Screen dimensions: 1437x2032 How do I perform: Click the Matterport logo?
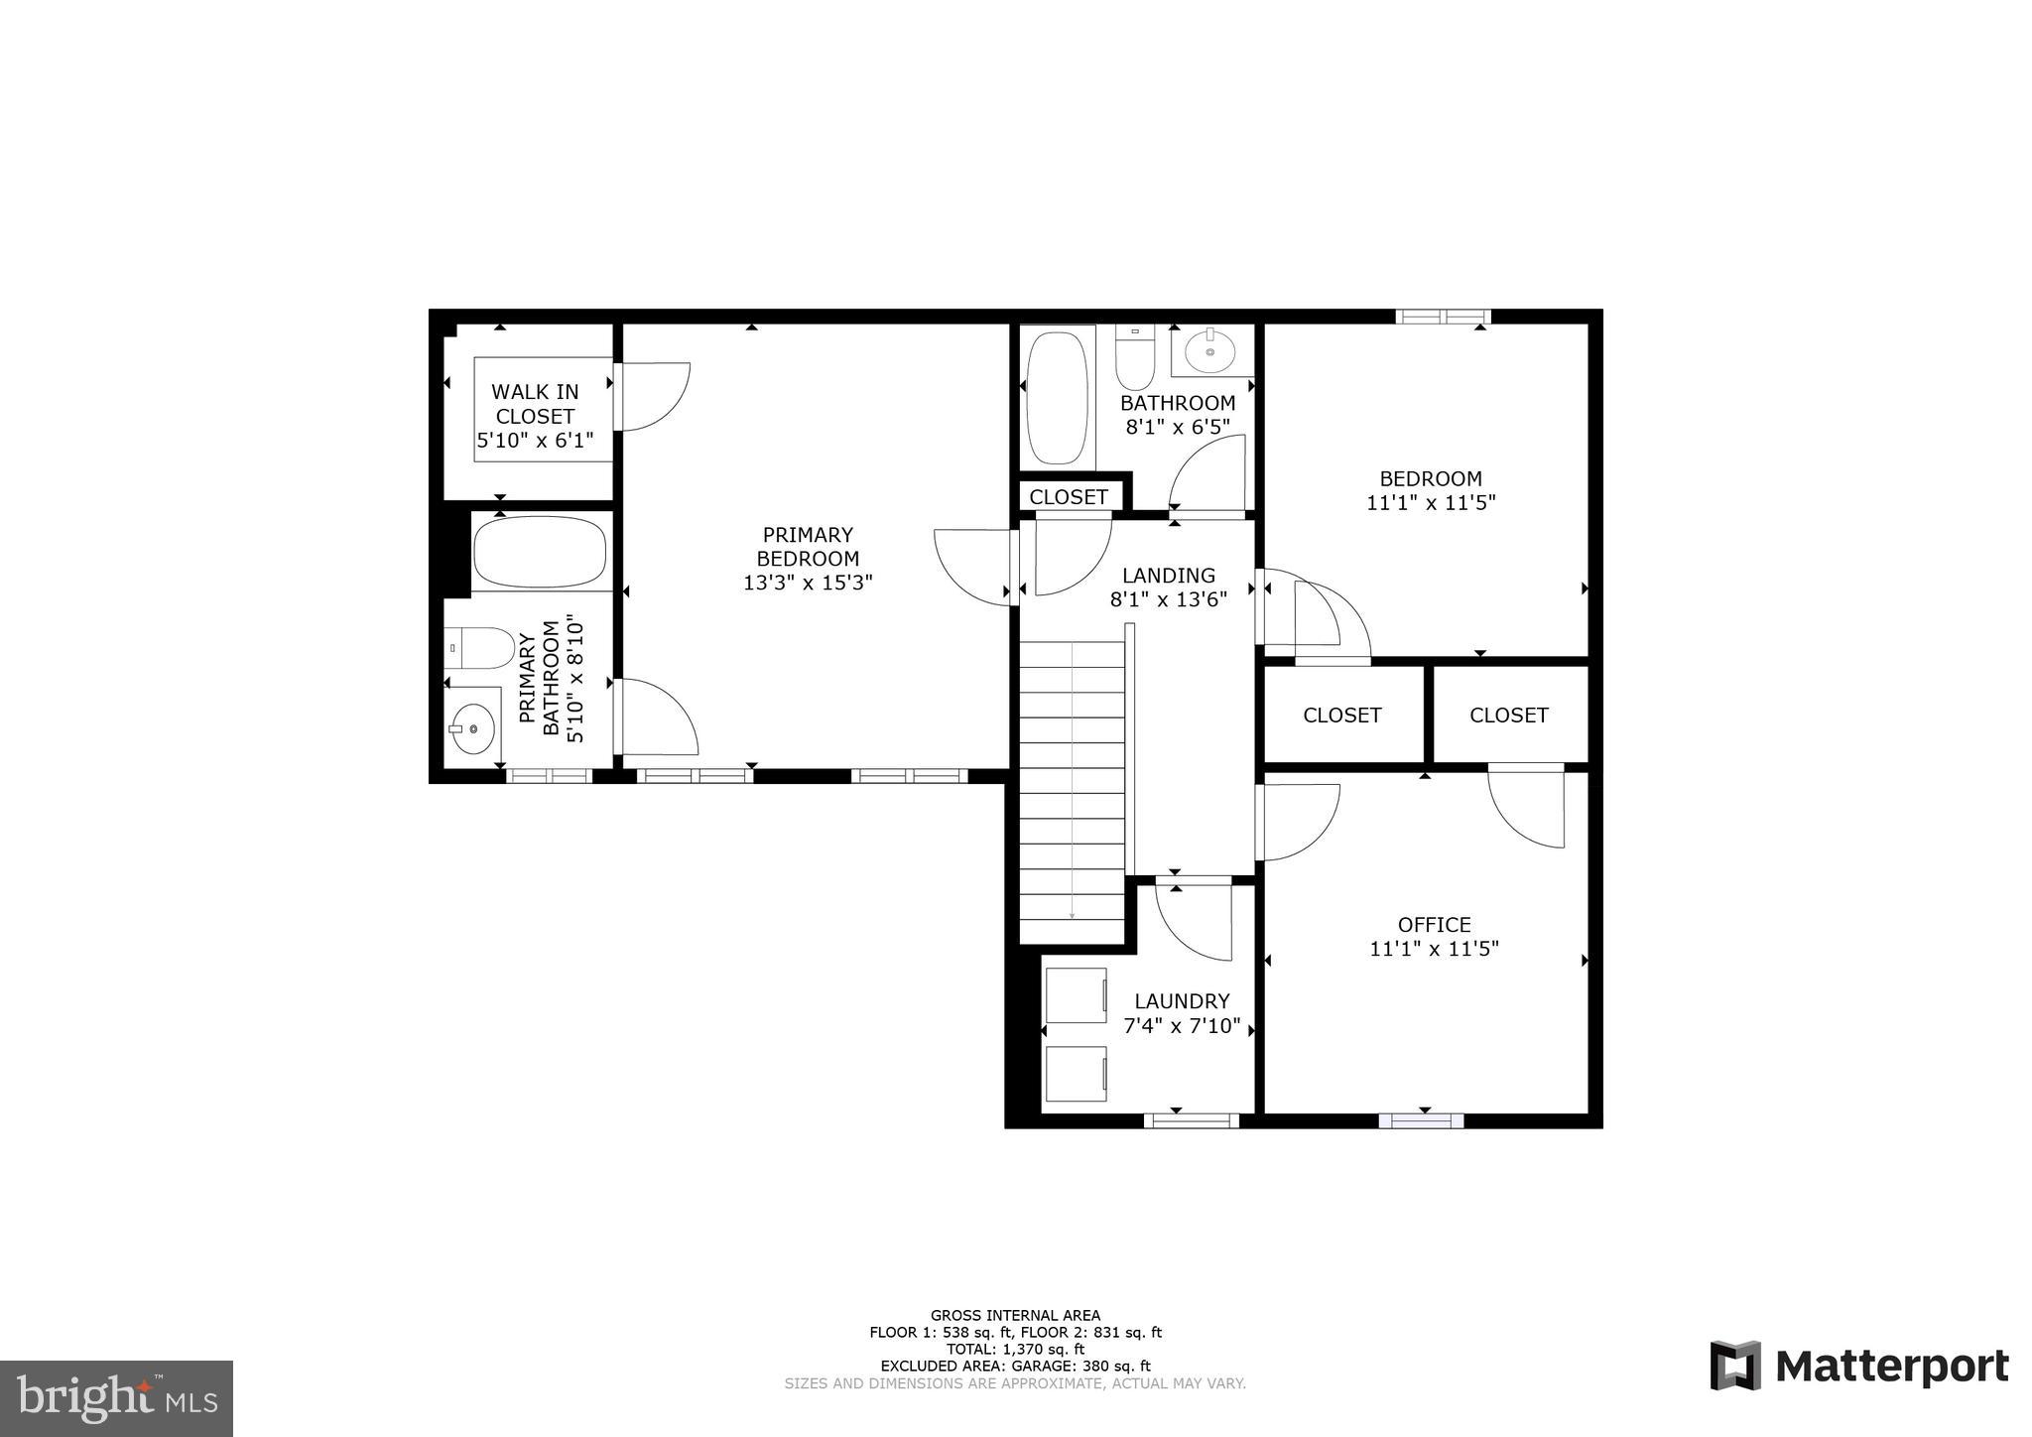1858,1368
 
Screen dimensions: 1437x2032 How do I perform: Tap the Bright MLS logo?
116,1398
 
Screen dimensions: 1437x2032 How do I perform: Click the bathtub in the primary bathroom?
539,553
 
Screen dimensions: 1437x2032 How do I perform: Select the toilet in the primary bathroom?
479,648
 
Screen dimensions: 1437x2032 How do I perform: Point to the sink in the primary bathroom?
472,729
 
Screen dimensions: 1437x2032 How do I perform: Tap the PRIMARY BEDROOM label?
808,546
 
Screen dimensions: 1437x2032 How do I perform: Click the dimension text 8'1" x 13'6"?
1168,599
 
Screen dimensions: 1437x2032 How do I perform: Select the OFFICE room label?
1434,924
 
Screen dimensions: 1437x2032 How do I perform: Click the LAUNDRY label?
1182,1001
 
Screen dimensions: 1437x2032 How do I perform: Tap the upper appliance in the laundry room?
1077,994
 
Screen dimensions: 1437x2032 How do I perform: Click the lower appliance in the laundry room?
1077,1073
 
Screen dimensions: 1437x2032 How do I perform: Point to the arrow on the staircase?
1072,915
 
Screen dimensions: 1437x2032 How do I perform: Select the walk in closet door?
650,397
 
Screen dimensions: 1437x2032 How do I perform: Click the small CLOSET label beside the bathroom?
1069,497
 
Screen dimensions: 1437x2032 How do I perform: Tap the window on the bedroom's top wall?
1443,317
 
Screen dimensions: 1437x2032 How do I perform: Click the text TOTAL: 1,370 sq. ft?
1015,1349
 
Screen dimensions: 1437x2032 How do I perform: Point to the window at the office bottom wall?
1421,1121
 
